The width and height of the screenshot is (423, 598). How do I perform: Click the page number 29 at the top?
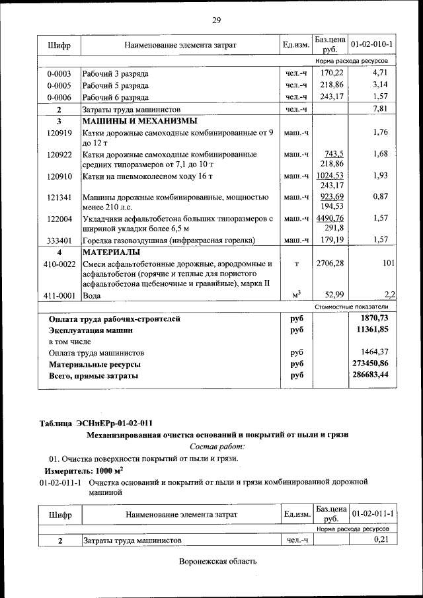215,20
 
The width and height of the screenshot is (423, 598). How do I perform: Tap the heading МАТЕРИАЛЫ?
111,252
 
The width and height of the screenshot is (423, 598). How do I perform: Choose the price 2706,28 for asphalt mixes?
330,264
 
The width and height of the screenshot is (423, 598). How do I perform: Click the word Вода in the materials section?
93,295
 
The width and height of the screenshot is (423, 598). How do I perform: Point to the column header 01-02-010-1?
372,44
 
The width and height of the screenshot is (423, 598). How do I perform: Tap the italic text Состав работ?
217,446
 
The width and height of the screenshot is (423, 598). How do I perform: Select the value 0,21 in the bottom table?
380,541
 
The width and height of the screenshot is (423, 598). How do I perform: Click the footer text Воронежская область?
217,562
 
